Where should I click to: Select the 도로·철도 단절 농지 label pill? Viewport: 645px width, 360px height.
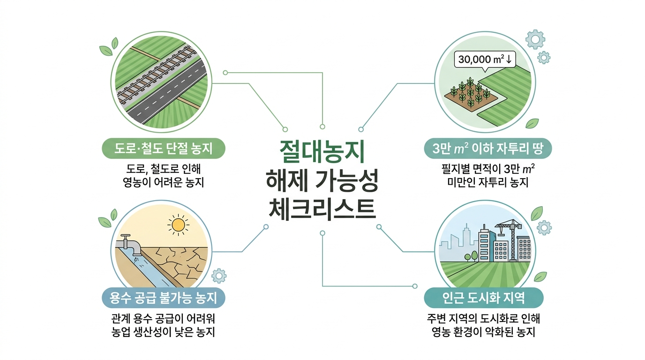[x=164, y=150]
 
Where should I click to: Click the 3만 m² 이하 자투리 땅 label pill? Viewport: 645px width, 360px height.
[x=487, y=150]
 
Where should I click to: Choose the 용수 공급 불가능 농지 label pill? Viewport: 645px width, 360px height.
[x=163, y=297]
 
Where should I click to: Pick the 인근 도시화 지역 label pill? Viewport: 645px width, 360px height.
[x=483, y=297]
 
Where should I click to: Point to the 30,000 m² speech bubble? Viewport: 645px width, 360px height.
[x=485, y=60]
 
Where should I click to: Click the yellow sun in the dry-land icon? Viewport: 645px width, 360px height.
[x=179, y=226]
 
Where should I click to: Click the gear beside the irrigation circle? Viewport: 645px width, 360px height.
[x=219, y=276]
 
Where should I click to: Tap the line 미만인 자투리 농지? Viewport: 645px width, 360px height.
[x=487, y=181]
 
